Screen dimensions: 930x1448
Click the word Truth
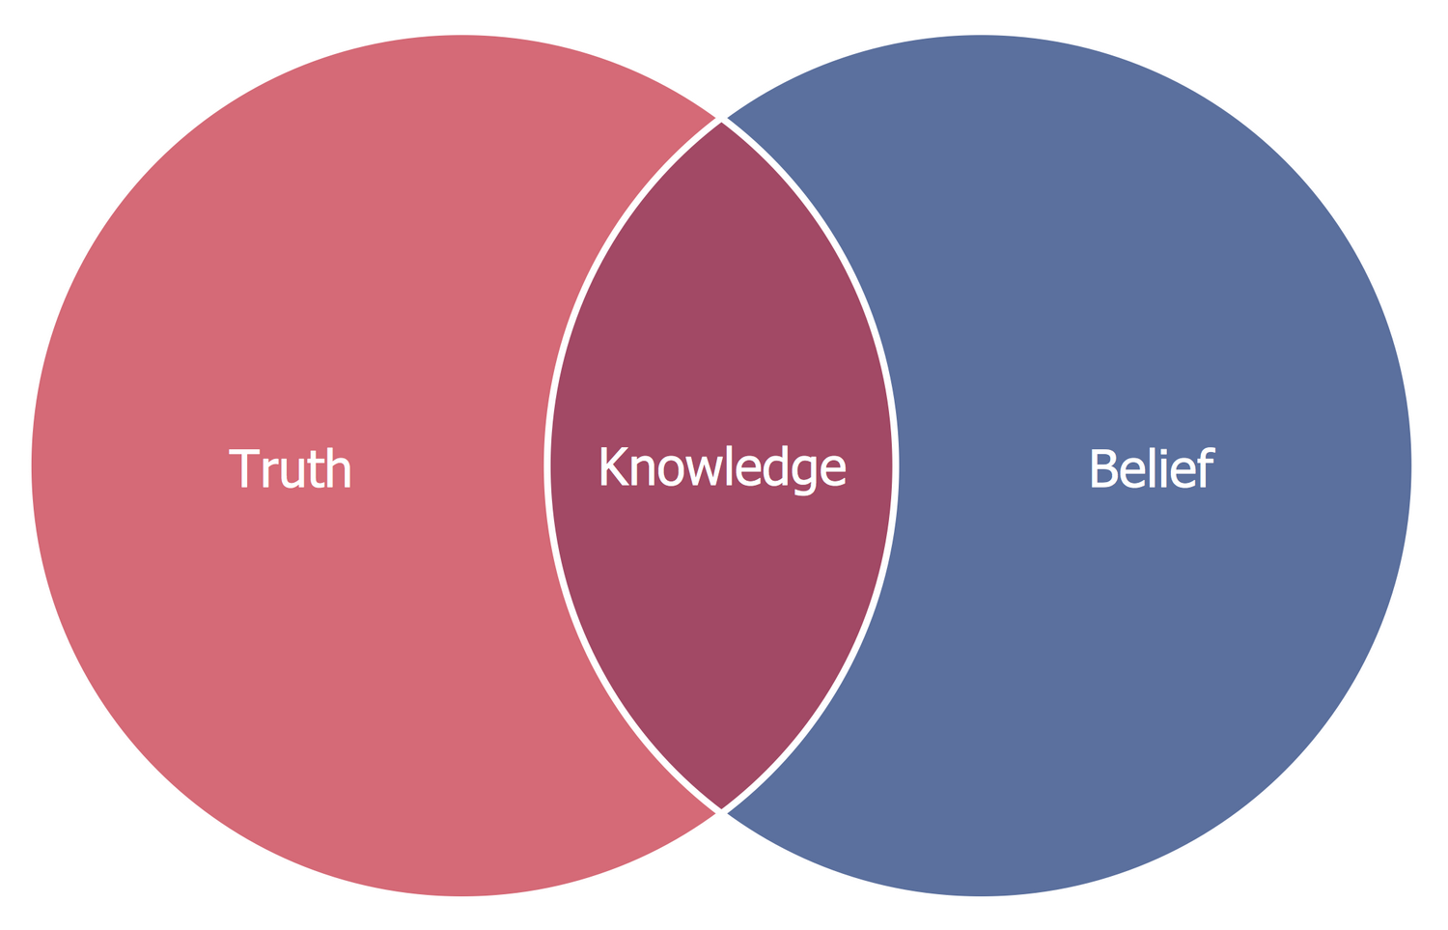[x=290, y=469]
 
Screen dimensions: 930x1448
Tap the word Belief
[x=1152, y=469]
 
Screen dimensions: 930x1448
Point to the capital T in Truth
[x=244, y=469]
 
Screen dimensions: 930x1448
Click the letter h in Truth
[x=338, y=469]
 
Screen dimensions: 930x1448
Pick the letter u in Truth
[x=292, y=473]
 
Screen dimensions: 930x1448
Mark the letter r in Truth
[x=269, y=473]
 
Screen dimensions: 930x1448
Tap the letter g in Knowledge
[x=804, y=473]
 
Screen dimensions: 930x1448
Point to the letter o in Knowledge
[x=672, y=471]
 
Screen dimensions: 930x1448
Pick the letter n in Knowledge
[x=643, y=471]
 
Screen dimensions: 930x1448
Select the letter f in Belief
[x=1205, y=467]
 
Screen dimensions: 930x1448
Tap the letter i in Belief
[x=1163, y=468]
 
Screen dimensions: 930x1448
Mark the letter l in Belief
[x=1152, y=467]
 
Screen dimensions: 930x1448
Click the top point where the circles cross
[x=721, y=121]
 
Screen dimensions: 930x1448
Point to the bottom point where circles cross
[x=721, y=811]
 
